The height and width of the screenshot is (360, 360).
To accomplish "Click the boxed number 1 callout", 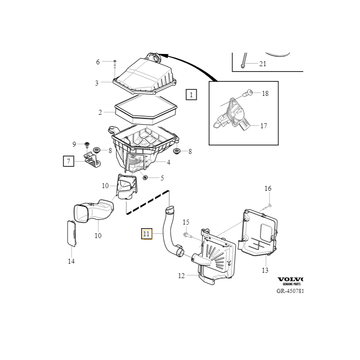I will pyautogui.click(x=191, y=94).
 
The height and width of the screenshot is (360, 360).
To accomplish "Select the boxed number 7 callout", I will pyautogui.click(x=68, y=161).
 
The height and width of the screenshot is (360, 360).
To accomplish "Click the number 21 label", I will pyautogui.click(x=263, y=64).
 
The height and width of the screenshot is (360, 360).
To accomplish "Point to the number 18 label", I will pyautogui.click(x=265, y=94).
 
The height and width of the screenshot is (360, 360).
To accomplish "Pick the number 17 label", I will pyautogui.click(x=264, y=126).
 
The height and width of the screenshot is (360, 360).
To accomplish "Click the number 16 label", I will pyautogui.click(x=268, y=189).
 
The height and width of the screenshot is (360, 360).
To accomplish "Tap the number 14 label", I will pyautogui.click(x=71, y=261).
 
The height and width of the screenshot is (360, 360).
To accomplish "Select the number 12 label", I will pyautogui.click(x=181, y=276).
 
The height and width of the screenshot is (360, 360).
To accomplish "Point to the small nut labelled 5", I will pyautogui.click(x=145, y=178).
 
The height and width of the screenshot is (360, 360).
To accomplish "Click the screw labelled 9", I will pyautogui.click(x=85, y=144).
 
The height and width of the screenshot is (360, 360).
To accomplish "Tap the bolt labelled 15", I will pyautogui.click(x=188, y=235).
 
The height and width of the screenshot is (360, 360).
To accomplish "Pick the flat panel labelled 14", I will pyautogui.click(x=72, y=233).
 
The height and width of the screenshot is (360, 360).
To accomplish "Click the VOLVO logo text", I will pyautogui.click(x=291, y=279).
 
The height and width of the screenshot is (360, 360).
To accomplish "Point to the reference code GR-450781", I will pyautogui.click(x=290, y=291).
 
